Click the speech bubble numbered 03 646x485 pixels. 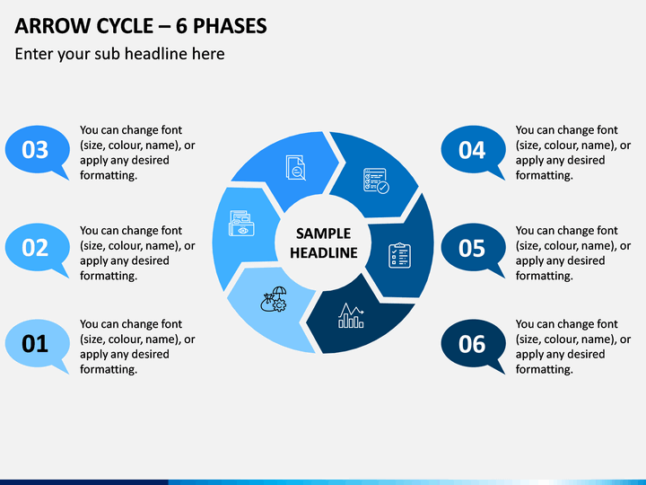[36, 150]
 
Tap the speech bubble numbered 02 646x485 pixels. [36, 248]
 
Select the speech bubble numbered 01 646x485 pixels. [36, 344]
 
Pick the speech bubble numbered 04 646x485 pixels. [472, 150]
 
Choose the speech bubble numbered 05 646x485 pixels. [472, 248]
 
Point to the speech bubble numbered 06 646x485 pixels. [472, 344]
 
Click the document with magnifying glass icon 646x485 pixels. [296, 167]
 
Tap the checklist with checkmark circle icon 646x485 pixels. [376, 181]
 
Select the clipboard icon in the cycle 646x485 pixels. [399, 256]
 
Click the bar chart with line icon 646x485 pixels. [351, 315]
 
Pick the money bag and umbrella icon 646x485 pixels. [274, 299]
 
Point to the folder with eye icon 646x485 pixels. [241, 224]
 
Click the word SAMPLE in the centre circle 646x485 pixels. [323, 234]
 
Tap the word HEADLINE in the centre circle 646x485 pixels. [323, 252]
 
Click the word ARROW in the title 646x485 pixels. [52, 26]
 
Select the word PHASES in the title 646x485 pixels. [230, 26]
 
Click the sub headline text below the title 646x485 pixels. [120, 54]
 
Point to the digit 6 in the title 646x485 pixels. [181, 26]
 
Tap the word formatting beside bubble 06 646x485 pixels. [545, 369]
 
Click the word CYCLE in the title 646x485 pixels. [125, 26]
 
